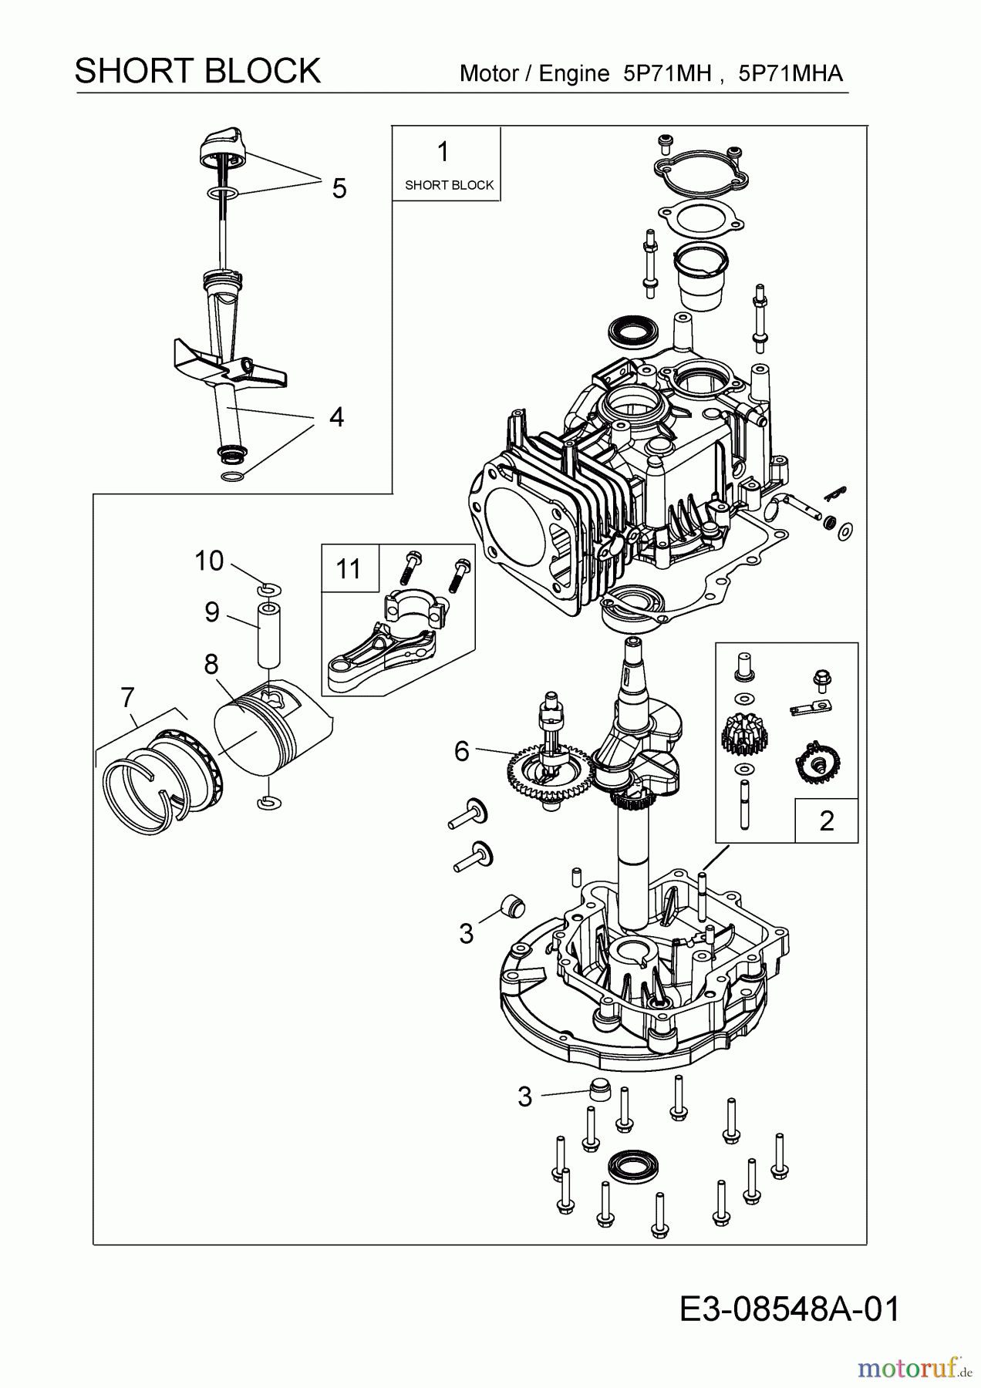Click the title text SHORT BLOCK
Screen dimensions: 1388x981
pyautogui.click(x=197, y=71)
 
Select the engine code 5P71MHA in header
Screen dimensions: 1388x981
pyautogui.click(x=790, y=73)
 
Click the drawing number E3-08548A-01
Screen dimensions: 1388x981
pyautogui.click(x=790, y=1309)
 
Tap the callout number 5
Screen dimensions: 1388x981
pyautogui.click(x=339, y=188)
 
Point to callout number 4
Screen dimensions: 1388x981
pyautogui.click(x=336, y=417)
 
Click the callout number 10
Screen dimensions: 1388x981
pyautogui.click(x=208, y=561)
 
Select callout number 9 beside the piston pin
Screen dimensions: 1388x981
pyautogui.click(x=212, y=611)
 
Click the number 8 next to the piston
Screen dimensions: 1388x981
pyautogui.click(x=211, y=664)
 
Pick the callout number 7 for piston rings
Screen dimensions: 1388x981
pyautogui.click(x=128, y=697)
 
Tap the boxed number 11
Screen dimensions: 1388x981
pyautogui.click(x=349, y=569)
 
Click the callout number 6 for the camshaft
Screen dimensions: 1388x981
pyautogui.click(x=461, y=750)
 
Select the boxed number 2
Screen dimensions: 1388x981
pyautogui.click(x=827, y=820)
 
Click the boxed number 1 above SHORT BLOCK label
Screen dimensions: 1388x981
pyautogui.click(x=443, y=153)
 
